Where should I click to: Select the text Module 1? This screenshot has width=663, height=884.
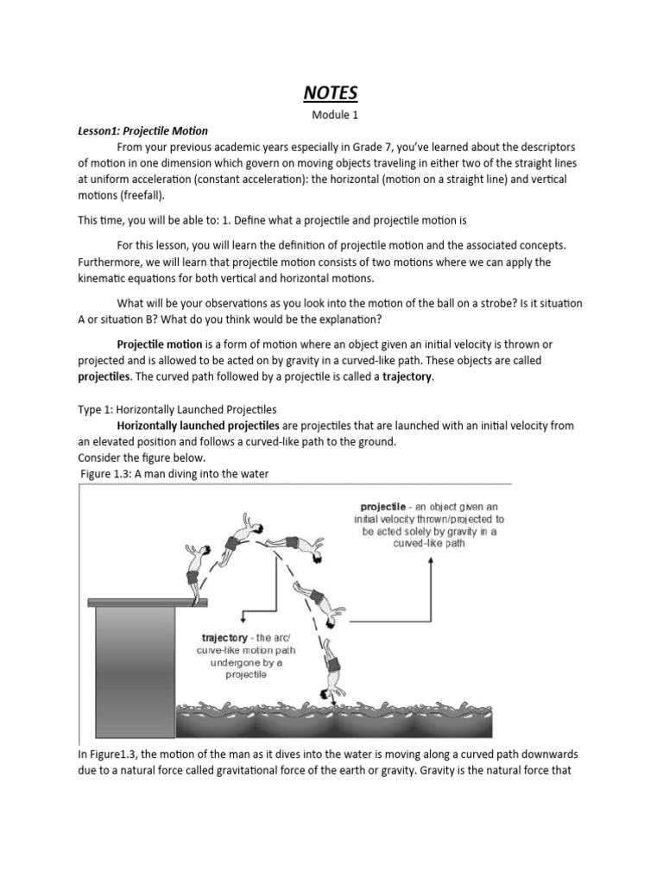tap(332, 114)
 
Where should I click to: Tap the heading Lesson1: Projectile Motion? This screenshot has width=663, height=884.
tap(142, 131)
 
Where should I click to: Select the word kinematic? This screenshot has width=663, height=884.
tap(107, 278)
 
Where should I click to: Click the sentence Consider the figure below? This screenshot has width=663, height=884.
tap(142, 458)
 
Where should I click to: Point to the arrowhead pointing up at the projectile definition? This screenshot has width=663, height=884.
tap(429, 562)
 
